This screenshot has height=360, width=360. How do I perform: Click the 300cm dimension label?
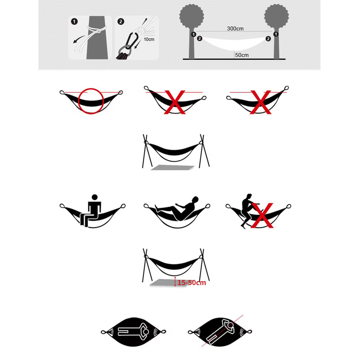tap(235, 29)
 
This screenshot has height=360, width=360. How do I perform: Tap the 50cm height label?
tap(242, 55)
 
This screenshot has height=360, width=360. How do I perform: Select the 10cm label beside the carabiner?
tap(149, 40)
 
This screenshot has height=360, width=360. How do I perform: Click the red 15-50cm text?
tap(192, 283)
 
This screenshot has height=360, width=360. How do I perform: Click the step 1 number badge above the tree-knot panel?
tap(74, 22)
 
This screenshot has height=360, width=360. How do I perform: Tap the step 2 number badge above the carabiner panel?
tap(121, 22)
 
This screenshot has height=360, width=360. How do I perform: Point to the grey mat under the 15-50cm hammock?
tap(161, 283)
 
